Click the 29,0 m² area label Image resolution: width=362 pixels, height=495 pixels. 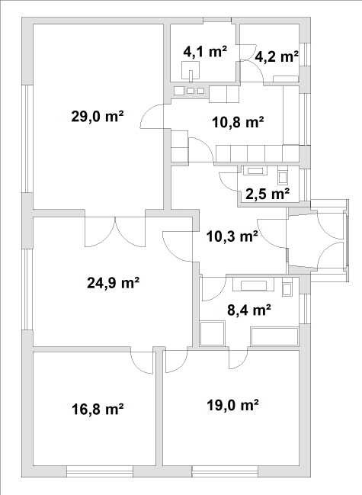(97, 117)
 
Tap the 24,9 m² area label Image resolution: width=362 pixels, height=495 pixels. (114, 282)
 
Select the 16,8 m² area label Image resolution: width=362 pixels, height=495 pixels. (98, 410)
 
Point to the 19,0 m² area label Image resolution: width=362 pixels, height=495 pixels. (233, 405)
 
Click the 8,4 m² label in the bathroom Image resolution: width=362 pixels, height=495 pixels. (249, 310)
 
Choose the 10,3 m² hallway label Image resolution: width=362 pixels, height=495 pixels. (232, 236)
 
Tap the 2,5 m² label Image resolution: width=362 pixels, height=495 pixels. (267, 194)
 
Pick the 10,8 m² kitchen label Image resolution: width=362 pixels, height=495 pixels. (238, 122)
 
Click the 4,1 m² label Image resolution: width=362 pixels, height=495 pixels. (205, 51)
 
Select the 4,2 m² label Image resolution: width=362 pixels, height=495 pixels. (277, 57)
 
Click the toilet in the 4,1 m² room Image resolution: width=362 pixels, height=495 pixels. (191, 70)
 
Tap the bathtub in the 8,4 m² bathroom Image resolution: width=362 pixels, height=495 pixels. (274, 337)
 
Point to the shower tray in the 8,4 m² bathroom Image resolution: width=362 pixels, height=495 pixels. (213, 333)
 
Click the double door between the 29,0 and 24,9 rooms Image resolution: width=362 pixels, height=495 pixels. (115, 232)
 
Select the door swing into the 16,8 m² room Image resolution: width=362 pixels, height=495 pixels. (142, 362)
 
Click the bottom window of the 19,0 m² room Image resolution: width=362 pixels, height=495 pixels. (225, 471)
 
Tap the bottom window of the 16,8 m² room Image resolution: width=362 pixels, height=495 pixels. (100, 471)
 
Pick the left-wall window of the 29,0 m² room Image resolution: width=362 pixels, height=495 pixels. (27, 139)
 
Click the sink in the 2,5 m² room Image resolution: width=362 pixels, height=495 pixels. (255, 171)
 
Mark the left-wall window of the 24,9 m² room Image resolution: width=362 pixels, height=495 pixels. (27, 290)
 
